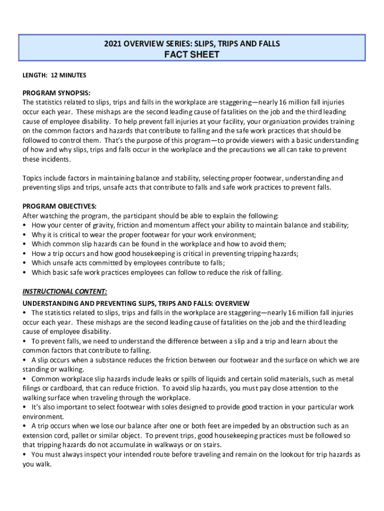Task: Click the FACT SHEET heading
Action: coord(192,55)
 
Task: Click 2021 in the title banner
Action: coord(113,44)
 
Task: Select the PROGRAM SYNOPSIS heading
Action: coord(56,93)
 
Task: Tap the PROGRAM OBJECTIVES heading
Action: coord(59,207)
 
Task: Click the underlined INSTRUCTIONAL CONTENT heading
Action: coord(65,291)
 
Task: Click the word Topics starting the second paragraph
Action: coord(33,178)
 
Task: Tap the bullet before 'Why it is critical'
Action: coord(25,235)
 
